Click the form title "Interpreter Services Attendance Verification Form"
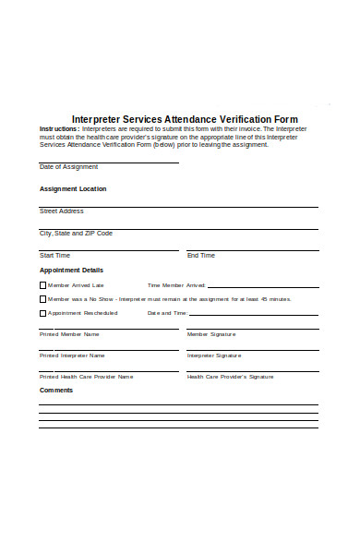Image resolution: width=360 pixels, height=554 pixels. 185,119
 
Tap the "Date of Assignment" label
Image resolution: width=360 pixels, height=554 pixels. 68,167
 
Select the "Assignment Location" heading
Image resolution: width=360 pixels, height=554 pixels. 73,188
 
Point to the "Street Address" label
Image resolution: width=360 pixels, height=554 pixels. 62,211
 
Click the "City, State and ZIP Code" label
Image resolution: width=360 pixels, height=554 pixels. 76,234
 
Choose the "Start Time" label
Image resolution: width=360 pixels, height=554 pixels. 54,255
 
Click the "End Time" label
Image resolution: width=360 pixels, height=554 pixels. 201,255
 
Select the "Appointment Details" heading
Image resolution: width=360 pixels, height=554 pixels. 71,270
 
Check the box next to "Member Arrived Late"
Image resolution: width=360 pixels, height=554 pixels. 42,285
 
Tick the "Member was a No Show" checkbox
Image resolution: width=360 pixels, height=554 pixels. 42,299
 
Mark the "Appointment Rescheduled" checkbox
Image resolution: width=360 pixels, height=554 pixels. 42,313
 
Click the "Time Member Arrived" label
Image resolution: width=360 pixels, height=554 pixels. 176,285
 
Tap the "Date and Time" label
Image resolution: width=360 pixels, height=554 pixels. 167,313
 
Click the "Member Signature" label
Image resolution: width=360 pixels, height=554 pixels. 211,333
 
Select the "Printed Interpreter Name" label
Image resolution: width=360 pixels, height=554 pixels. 72,355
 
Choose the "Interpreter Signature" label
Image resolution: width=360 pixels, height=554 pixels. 214,355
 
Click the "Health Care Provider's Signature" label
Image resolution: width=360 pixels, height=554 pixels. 231,377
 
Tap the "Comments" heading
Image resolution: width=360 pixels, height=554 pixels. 56,390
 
